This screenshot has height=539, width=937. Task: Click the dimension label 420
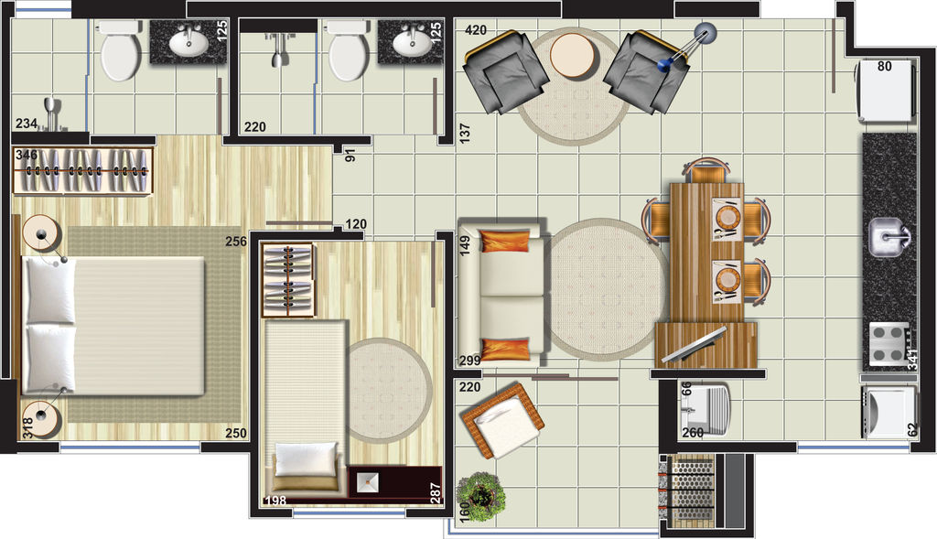tap(476, 30)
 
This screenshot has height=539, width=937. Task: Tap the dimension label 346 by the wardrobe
tap(27, 155)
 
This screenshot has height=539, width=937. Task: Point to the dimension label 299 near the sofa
tap(469, 361)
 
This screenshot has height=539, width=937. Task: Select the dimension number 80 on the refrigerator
tap(885, 66)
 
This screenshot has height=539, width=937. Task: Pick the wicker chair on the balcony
tap(502, 421)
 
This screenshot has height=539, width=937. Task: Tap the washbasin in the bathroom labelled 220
tap(411, 42)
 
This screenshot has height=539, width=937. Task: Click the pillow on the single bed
tap(306, 458)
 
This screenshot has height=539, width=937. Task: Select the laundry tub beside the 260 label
tap(705, 409)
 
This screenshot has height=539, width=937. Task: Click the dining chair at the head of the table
tap(707, 171)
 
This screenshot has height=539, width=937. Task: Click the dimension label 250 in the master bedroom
tap(236, 433)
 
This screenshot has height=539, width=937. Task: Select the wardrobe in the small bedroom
tap(288, 280)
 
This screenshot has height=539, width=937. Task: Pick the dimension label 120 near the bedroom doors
tap(356, 224)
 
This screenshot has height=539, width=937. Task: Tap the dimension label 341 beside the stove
tap(912, 359)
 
